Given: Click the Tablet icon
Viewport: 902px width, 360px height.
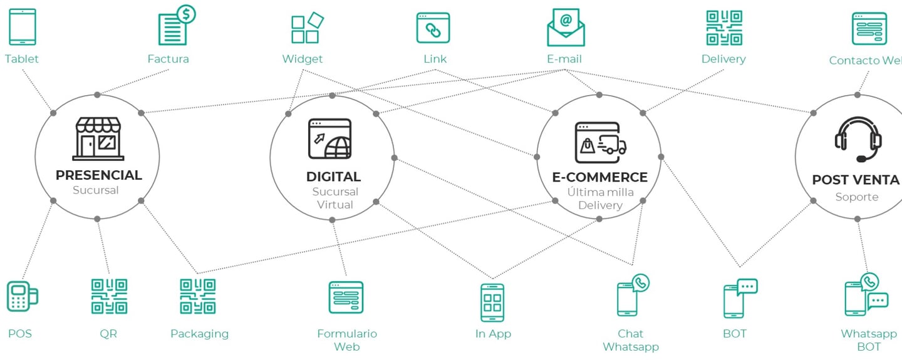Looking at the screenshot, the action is click(x=23, y=26).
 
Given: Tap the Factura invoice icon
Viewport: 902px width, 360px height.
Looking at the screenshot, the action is click(x=175, y=26).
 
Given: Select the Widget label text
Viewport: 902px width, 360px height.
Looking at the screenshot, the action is click(x=302, y=59).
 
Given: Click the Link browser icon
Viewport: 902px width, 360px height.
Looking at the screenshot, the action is click(x=433, y=28).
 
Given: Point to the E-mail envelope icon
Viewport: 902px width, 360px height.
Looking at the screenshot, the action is click(x=566, y=28).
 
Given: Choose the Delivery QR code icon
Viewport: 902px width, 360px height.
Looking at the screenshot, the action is click(x=724, y=28).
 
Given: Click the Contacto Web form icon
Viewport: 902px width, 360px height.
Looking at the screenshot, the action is click(x=869, y=29).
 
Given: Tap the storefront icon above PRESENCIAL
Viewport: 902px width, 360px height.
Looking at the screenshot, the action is click(x=99, y=138).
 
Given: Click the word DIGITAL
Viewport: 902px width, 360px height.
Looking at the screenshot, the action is click(x=333, y=177).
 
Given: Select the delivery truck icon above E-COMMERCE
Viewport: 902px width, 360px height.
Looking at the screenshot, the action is click(x=601, y=142).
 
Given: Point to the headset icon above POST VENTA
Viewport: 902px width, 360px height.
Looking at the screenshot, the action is click(x=858, y=140).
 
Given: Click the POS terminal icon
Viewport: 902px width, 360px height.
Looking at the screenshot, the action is click(x=22, y=296).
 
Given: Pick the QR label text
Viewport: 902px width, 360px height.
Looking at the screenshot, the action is click(x=108, y=334).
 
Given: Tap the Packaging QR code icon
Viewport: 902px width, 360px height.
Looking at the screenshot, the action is click(x=198, y=296).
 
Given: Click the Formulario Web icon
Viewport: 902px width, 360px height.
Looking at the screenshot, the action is click(x=346, y=297).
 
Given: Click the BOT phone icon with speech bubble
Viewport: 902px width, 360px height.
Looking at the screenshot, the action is click(x=739, y=298).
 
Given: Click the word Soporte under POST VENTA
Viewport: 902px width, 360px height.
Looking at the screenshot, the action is click(x=856, y=197).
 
